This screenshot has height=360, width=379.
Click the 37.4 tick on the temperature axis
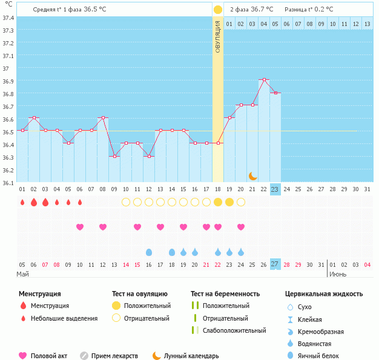pos(8,18)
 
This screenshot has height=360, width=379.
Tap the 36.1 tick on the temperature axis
pos(8,183)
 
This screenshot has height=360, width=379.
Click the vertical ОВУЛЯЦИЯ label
pos(218,36)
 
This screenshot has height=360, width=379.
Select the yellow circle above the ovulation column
pos(218,10)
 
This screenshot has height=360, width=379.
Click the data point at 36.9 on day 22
pos(263,80)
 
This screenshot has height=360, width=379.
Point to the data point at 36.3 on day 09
pos(114,156)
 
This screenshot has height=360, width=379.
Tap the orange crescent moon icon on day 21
pos(252,176)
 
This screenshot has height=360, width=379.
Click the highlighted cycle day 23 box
pos(275,189)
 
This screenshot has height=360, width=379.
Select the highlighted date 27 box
pos(275,264)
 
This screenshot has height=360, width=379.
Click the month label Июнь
pos(338,274)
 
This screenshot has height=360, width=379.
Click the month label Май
pos(22,274)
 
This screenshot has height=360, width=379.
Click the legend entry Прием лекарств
pos(114,356)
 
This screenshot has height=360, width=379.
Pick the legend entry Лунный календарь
pos(191,356)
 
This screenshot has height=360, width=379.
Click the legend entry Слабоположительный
pos(234,330)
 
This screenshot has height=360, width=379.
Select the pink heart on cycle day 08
pos(103,227)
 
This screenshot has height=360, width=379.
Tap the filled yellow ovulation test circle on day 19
pos(229,202)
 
